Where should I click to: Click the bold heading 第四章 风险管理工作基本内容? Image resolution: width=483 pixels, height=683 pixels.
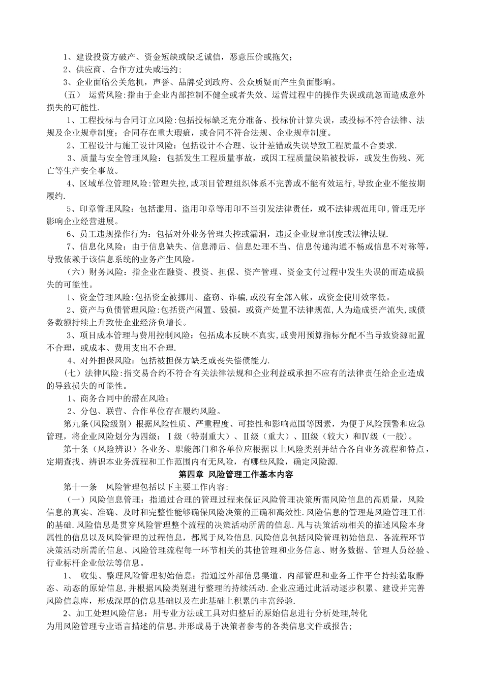tap(242, 474)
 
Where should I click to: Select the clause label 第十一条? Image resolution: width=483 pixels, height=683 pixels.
tap(77, 487)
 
